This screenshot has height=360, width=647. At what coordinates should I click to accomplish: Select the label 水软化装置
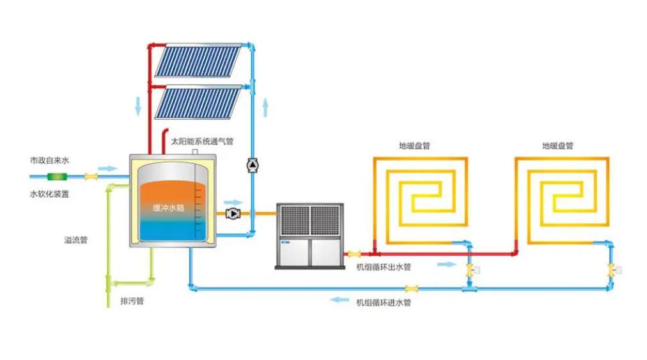[x=49, y=194]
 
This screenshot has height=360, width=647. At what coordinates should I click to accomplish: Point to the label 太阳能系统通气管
[x=202, y=139]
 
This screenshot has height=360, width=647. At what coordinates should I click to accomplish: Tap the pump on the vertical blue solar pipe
[x=252, y=165]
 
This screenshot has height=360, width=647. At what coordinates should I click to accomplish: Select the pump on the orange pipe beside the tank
[x=233, y=213]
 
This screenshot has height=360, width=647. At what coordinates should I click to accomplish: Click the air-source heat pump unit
[x=309, y=235]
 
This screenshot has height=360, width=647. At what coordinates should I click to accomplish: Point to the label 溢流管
[x=75, y=240]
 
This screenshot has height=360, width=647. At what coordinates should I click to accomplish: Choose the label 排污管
[x=132, y=301]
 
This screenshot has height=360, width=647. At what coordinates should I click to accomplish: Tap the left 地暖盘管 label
[x=414, y=146]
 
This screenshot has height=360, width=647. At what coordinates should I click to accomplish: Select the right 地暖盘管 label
[x=557, y=146]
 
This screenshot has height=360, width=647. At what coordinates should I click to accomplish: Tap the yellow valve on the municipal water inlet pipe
[x=91, y=176]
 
